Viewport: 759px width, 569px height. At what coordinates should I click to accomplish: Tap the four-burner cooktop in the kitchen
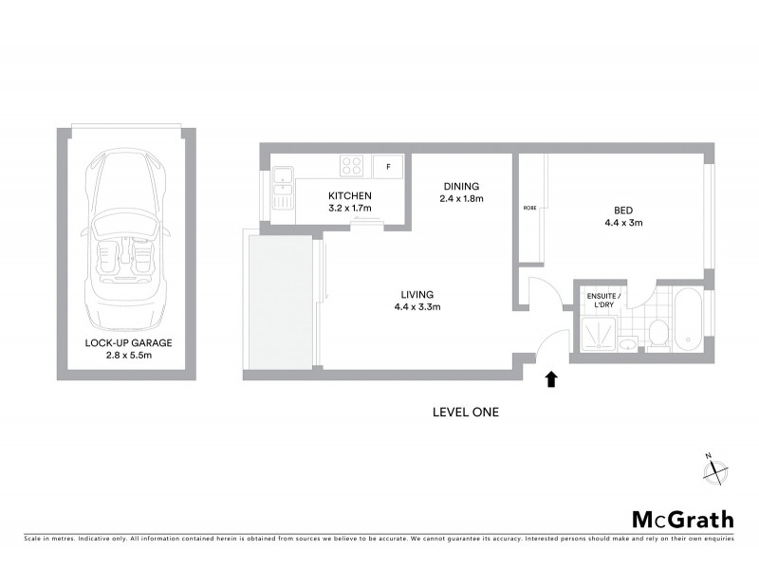(352, 166)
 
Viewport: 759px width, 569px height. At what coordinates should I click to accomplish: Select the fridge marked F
(387, 166)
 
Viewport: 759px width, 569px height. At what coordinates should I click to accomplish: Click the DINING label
(461, 186)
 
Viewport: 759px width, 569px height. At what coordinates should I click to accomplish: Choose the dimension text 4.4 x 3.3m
(417, 306)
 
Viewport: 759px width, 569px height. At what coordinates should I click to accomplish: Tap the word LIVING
(417, 293)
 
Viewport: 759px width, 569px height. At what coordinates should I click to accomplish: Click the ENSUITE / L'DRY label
(602, 300)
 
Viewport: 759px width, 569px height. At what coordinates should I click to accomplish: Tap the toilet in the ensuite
(657, 333)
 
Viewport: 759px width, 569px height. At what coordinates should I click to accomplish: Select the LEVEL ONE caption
(465, 413)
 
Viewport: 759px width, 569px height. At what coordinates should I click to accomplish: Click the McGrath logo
(682, 519)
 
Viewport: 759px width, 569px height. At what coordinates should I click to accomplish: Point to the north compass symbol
(714, 468)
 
